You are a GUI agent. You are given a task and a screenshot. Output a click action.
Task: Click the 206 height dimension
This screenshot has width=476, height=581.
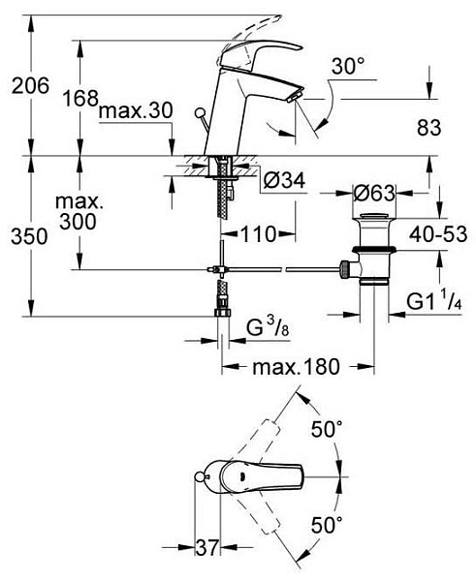click(x=30, y=85)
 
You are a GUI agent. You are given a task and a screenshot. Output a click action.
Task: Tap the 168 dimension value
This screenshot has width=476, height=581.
click(x=80, y=98)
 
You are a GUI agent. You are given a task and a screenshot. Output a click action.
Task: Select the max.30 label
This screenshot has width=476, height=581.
click(x=136, y=110)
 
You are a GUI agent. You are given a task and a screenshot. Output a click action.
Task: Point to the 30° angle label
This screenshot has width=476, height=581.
click(x=347, y=67)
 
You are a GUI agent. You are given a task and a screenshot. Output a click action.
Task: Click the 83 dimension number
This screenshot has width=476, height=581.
click(x=429, y=128)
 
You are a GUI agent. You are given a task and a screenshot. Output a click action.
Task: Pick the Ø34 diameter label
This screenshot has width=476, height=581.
click(x=285, y=181)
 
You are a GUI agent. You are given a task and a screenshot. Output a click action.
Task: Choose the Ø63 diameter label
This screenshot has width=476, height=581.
click(x=373, y=193)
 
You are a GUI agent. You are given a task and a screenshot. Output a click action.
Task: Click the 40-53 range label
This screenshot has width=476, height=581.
click(x=438, y=234)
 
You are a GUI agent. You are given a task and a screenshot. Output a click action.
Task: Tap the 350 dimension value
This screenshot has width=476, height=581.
click(x=29, y=236)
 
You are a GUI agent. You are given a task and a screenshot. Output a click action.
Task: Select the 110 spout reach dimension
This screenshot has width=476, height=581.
click(x=259, y=234)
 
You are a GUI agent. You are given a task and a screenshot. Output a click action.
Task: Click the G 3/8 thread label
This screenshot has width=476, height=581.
click(x=268, y=328)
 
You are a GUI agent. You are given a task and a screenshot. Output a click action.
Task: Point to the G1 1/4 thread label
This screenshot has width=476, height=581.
click(x=434, y=301)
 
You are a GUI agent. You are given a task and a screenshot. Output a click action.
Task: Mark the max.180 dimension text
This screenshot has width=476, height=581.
click(x=296, y=367)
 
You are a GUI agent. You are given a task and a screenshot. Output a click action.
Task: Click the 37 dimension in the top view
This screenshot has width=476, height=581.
click(x=207, y=547)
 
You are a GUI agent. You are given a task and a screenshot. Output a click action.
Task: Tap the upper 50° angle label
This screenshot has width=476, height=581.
click(x=327, y=429)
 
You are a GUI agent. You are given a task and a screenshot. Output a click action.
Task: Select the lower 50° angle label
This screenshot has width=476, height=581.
click(x=327, y=525)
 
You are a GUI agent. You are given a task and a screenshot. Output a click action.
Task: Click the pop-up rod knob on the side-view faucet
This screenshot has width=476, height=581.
click(x=201, y=112)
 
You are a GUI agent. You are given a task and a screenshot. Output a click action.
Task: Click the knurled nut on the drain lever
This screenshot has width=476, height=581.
click(x=344, y=269)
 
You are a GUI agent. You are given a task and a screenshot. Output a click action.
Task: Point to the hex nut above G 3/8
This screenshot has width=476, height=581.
click(x=223, y=313)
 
